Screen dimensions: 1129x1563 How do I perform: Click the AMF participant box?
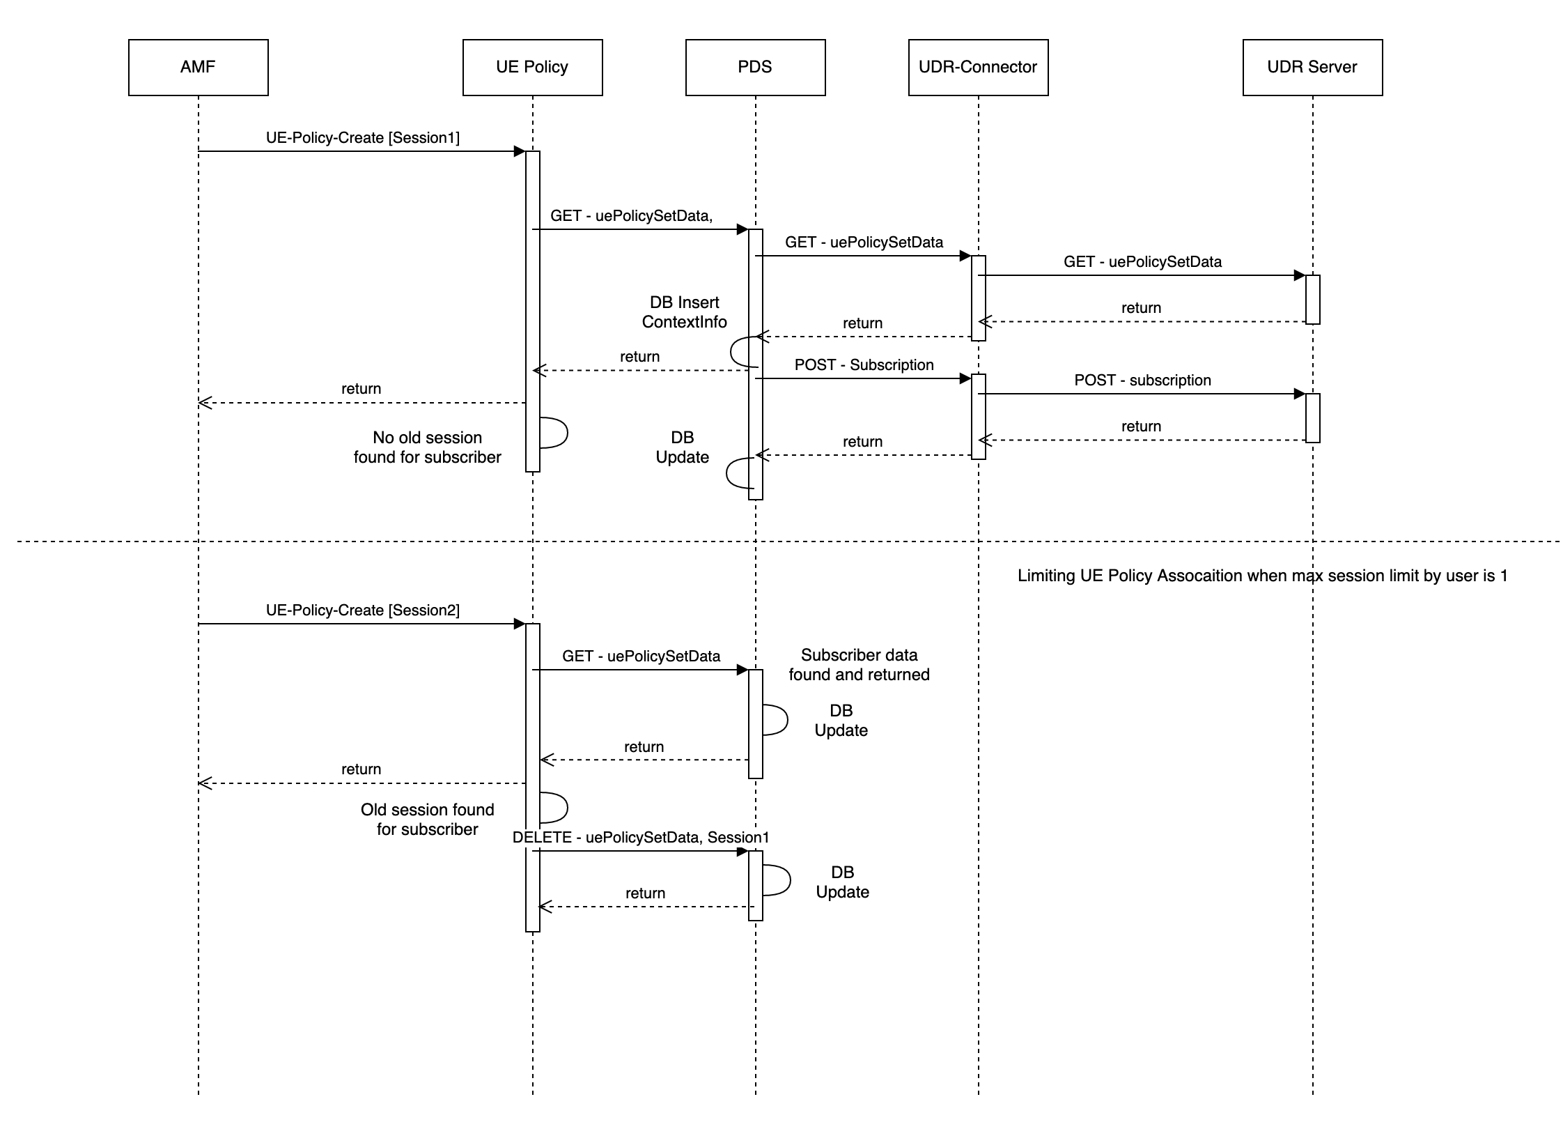198,67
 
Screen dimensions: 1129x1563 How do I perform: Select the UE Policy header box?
532,67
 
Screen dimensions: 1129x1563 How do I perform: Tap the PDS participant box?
755,67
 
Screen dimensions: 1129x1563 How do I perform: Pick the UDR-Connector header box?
978,67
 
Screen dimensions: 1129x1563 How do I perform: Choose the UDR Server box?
1312,67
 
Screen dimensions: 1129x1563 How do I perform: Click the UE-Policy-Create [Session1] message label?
362,137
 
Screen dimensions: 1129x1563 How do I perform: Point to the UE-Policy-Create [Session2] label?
362,610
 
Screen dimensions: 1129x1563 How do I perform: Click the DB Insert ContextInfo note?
684,312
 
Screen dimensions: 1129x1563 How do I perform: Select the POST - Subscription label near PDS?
864,364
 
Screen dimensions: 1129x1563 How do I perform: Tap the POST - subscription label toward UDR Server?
1142,380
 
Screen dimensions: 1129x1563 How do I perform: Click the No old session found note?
427,447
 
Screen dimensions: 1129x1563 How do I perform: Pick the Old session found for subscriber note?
427,820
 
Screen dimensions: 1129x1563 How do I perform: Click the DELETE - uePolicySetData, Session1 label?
641,837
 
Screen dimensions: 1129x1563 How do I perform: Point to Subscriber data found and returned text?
859,665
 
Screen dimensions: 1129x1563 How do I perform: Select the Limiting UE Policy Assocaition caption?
1262,576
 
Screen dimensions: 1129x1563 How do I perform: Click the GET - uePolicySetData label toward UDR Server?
1142,261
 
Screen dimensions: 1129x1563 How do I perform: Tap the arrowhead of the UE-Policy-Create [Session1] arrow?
520,151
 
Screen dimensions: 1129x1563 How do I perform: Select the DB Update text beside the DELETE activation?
842,882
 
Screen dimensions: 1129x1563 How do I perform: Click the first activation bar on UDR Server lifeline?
1312,300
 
